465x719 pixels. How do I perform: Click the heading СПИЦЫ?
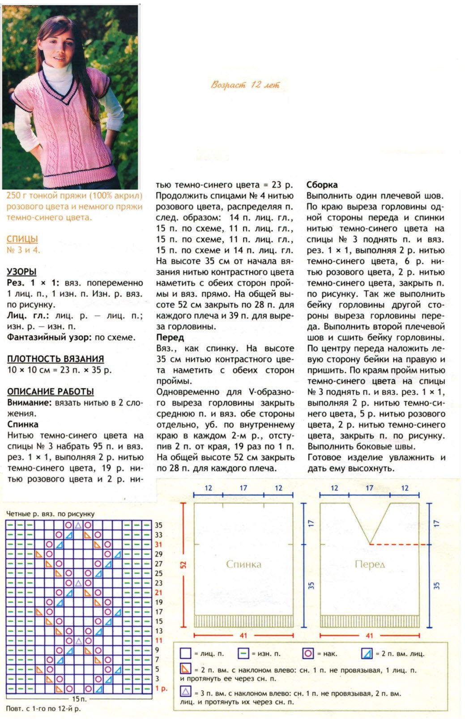(x=22, y=239)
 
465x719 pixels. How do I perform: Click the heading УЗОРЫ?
(x=21, y=272)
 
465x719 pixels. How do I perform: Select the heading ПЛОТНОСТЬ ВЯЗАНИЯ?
(x=55, y=359)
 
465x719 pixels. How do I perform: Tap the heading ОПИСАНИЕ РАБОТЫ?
(x=50, y=392)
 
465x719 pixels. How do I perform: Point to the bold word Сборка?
(x=322, y=185)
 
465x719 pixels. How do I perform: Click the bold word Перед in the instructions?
(x=170, y=338)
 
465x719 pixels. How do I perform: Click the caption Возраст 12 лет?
(x=245, y=85)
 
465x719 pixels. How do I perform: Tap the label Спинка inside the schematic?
(x=243, y=564)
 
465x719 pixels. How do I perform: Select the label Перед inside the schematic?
(x=370, y=564)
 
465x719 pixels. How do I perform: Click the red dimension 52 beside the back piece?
(x=183, y=565)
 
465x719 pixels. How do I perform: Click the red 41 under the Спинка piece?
(x=243, y=635)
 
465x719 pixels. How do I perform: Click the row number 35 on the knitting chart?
(x=158, y=525)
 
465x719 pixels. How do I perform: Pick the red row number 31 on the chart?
(x=158, y=545)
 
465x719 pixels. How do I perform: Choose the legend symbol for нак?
(x=308, y=654)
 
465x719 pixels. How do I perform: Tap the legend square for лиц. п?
(x=185, y=654)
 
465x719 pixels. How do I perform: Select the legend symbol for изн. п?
(x=243, y=654)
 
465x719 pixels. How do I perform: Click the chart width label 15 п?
(x=79, y=698)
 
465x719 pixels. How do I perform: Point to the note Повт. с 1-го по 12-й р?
(x=43, y=709)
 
